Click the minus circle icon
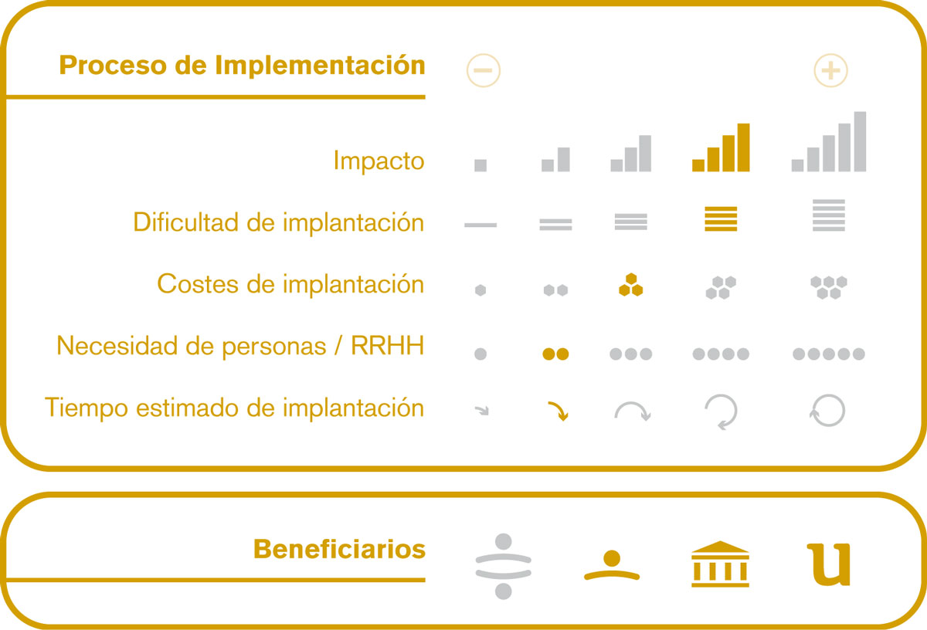(484, 70)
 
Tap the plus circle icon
(830, 70)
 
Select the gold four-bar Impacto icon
(721, 147)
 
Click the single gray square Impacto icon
(480, 165)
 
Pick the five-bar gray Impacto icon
(828, 141)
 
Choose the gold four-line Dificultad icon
(721, 218)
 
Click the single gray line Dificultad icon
(480, 225)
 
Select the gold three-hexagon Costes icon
(630, 285)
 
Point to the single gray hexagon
(480, 290)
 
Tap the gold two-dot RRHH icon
(555, 354)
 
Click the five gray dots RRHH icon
(828, 354)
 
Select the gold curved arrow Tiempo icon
(558, 411)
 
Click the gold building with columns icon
(720, 564)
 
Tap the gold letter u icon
(828, 564)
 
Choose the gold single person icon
(612, 565)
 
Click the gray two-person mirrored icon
(503, 566)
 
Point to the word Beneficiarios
(339, 549)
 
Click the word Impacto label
(379, 161)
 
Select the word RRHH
(387, 345)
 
